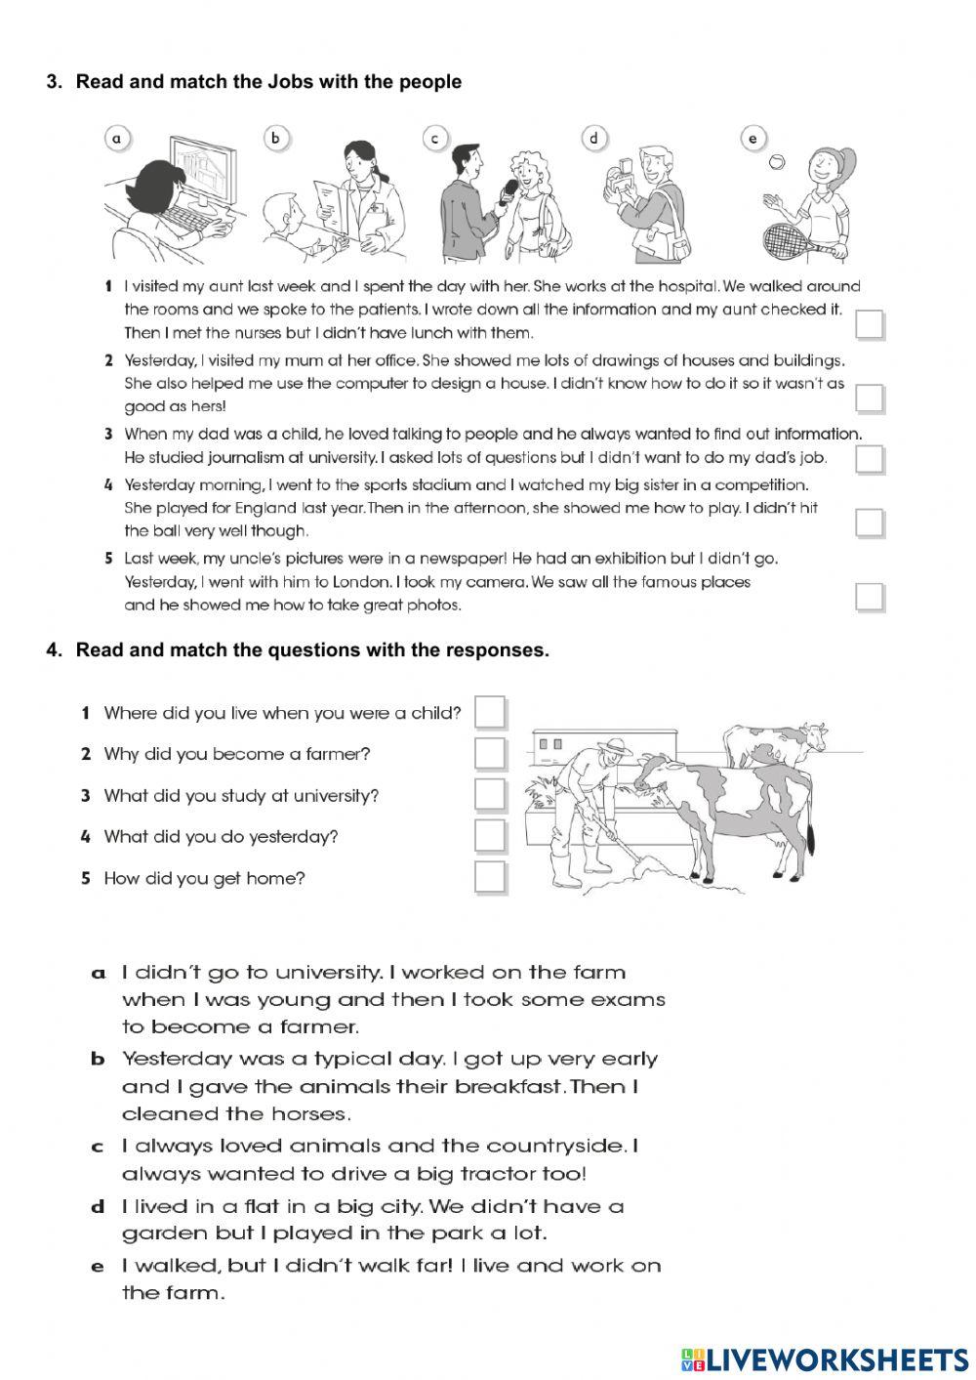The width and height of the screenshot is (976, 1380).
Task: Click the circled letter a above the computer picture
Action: tap(117, 139)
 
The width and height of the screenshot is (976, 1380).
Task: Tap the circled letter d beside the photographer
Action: tap(594, 138)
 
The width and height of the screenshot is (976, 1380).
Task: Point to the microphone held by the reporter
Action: tap(508, 192)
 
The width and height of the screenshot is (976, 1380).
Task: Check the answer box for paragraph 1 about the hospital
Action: tap(869, 324)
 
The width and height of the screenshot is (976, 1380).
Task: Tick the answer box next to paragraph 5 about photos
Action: tap(869, 596)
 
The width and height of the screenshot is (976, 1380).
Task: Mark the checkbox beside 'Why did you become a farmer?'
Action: tap(490, 754)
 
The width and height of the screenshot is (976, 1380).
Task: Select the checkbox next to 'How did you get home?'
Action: tap(490, 877)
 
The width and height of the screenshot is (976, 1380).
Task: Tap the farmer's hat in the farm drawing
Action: tap(615, 746)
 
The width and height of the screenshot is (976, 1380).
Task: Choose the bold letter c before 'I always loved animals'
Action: tap(97, 1147)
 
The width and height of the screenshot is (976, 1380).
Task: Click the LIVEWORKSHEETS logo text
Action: tap(835, 1359)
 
